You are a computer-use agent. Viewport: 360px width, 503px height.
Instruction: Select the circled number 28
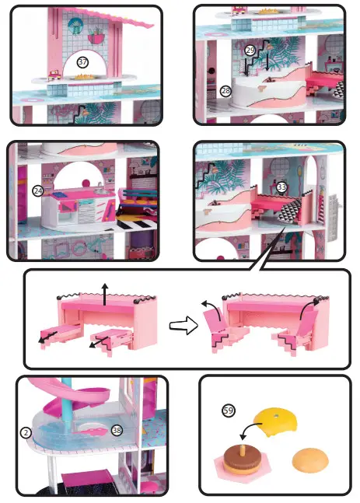pyautogui.click(x=225, y=91)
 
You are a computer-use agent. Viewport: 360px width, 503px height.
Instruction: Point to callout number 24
pyautogui.click(x=37, y=190)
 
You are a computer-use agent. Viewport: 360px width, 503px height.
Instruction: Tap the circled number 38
pyautogui.click(x=117, y=429)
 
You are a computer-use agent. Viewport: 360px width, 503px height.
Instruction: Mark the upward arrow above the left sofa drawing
pyautogui.click(x=105, y=293)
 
